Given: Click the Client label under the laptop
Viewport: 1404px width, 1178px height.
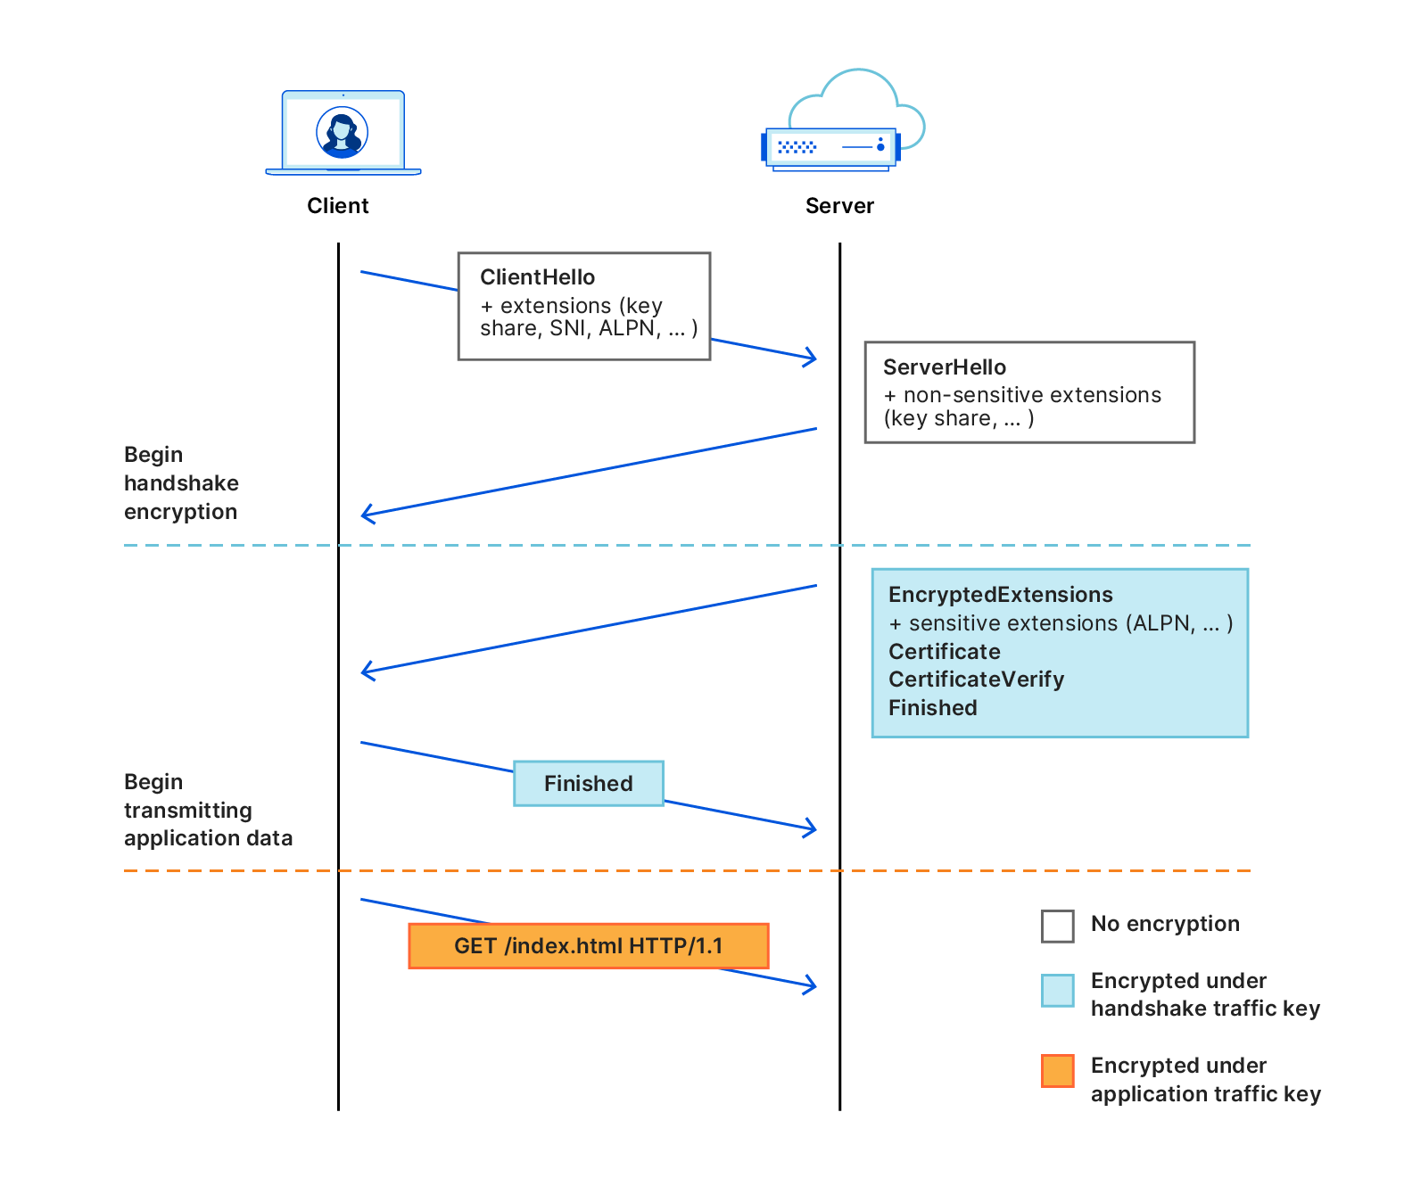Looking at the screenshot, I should (x=337, y=206).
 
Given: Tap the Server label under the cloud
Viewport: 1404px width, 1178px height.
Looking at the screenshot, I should (x=839, y=206).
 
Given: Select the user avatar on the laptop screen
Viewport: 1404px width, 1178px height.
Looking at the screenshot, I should (x=343, y=133).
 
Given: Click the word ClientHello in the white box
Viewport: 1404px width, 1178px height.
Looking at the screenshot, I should (x=537, y=277).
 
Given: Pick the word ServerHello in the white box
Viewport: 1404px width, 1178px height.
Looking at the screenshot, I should (x=944, y=367).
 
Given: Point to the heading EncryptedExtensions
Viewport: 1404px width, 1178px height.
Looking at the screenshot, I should (x=1000, y=595).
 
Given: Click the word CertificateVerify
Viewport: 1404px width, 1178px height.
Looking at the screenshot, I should (x=976, y=680).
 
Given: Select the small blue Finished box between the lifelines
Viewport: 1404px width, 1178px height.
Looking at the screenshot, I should (x=588, y=784).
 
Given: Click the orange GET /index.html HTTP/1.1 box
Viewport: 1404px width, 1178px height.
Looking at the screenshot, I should (x=588, y=946).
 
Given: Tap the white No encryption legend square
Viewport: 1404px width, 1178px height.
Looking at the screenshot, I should (x=1057, y=926).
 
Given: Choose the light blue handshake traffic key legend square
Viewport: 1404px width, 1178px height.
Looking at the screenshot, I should (x=1057, y=991).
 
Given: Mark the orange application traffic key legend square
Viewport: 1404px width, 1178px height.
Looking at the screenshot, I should (x=1057, y=1071).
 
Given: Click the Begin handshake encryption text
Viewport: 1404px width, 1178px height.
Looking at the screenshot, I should (x=181, y=483).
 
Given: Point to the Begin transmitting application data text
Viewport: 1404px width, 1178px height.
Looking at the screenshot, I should (x=207, y=810).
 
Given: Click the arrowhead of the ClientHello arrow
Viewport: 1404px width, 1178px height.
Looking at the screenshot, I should (x=813, y=358).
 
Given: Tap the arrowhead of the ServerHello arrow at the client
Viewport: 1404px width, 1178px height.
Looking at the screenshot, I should (x=366, y=514).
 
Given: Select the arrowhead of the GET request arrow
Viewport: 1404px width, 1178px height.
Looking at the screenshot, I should (x=813, y=985).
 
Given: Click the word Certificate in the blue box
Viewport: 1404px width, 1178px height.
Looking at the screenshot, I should (x=944, y=652).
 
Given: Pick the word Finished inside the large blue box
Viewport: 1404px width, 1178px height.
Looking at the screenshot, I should (x=932, y=708).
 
